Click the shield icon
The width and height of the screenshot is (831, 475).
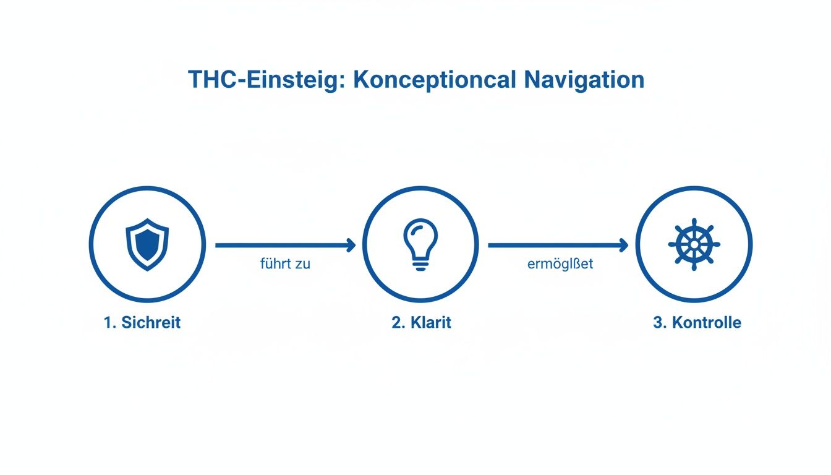click(x=147, y=244)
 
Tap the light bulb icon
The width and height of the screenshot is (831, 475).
click(x=420, y=243)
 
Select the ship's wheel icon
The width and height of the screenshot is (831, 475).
click(x=694, y=244)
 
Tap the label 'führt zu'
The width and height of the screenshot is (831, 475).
click(x=285, y=264)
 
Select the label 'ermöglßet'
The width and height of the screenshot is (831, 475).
click(x=560, y=264)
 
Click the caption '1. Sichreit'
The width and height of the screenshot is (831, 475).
click(x=143, y=322)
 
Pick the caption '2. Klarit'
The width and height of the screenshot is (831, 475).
click(x=421, y=322)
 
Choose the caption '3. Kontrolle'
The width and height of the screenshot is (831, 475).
click(x=697, y=322)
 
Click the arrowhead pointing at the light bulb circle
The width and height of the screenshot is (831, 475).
click(x=351, y=246)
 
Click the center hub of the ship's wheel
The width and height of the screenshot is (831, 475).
click(x=694, y=244)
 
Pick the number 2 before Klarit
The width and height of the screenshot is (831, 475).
click(x=396, y=322)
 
